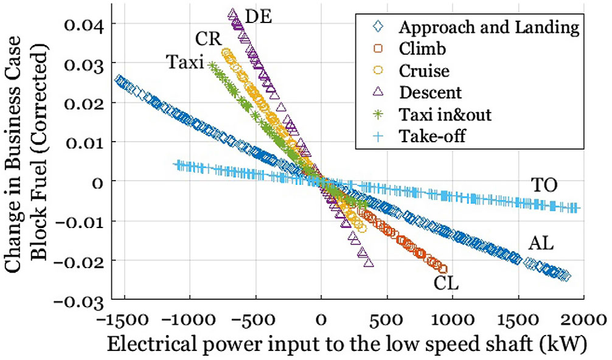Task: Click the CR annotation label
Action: click(x=208, y=40)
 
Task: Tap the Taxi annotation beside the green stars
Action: click(x=184, y=61)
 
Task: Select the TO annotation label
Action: click(x=544, y=185)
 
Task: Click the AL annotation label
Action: click(x=541, y=244)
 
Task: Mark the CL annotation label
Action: click(x=446, y=283)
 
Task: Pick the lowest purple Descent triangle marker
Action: click(x=367, y=262)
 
